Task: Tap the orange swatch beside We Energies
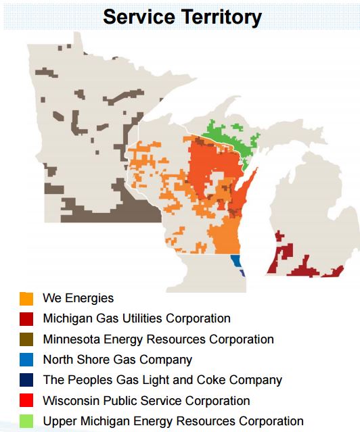[x=26, y=298]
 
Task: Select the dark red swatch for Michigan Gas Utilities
[x=26, y=318]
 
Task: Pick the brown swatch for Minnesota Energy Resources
[x=26, y=339]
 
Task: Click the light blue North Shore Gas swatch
[x=26, y=360]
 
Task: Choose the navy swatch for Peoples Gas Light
[x=26, y=381]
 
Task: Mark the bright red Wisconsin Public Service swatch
[x=26, y=402]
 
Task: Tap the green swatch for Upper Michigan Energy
[x=26, y=422]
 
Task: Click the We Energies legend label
[x=78, y=297]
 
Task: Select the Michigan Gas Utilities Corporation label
[x=136, y=318]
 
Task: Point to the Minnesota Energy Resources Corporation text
[x=158, y=339]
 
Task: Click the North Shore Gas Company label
[x=117, y=360]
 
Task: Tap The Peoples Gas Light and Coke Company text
[x=162, y=381]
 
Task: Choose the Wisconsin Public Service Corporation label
[x=146, y=401]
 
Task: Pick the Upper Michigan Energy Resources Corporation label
[x=173, y=422]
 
